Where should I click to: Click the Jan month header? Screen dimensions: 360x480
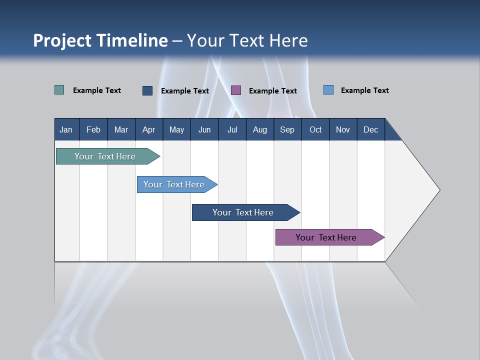tap(66, 129)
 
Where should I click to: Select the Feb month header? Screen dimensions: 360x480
tap(93, 129)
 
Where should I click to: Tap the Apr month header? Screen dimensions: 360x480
tap(148, 129)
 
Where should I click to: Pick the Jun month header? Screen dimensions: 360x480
tap(204, 129)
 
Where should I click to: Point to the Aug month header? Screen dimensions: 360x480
tap(260, 129)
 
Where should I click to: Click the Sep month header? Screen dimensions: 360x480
tap(287, 129)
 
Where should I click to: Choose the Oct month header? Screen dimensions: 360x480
tap(315, 129)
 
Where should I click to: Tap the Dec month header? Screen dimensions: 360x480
tap(370, 129)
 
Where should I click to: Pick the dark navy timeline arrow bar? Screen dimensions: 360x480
tap(243, 212)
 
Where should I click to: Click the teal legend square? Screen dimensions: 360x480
tap(59, 90)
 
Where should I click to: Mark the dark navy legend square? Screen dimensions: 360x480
tap(147, 90)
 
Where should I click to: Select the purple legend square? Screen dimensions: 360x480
tap(236, 90)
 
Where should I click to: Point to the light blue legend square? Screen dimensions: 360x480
tap(328, 90)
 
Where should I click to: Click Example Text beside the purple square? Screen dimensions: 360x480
tap(272, 90)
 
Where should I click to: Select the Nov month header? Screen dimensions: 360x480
tap(343, 129)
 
